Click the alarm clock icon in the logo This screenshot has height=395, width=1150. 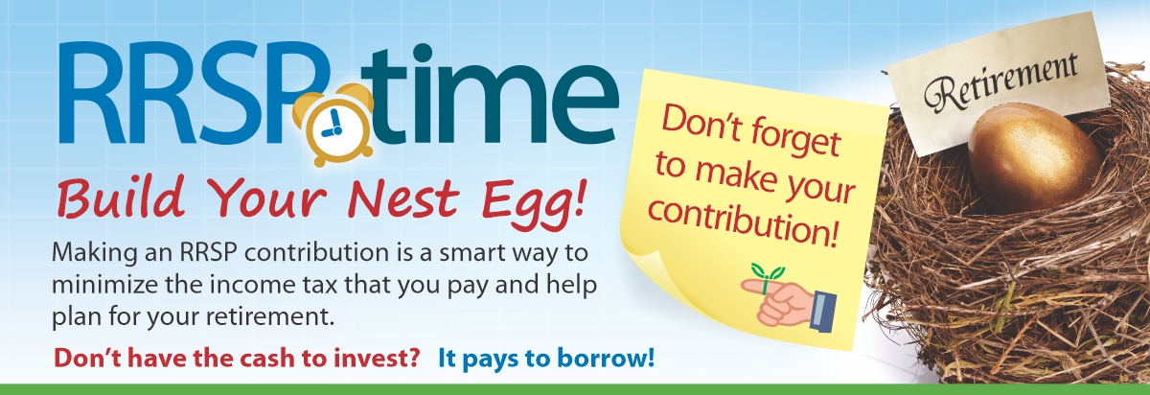(x=333, y=125)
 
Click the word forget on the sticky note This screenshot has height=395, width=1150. (x=794, y=137)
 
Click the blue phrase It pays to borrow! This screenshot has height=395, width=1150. (x=546, y=359)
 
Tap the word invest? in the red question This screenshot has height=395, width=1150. (x=378, y=358)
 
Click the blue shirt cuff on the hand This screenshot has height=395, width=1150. (x=823, y=312)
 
